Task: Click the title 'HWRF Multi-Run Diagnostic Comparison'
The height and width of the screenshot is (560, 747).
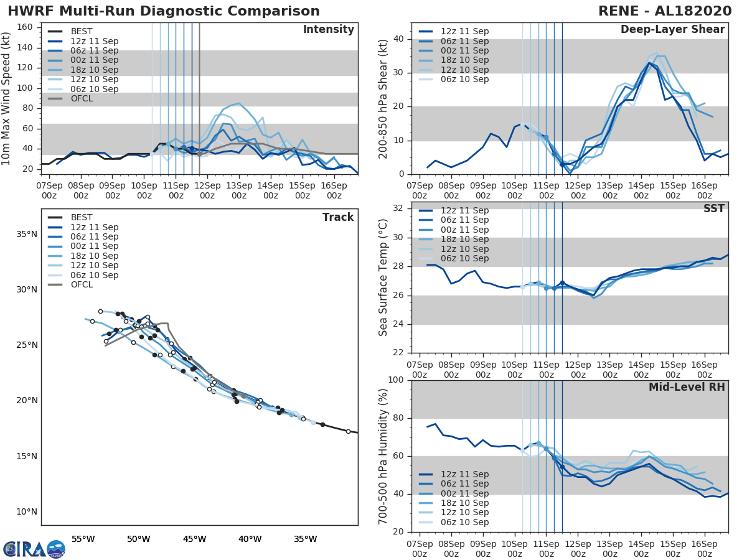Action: tap(164, 11)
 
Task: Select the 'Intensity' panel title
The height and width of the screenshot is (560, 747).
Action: tap(328, 30)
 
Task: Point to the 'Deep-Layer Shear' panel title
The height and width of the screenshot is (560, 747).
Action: tap(672, 30)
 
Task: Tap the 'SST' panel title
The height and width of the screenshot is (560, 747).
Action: tap(714, 208)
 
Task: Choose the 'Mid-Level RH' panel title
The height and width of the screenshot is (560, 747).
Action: tap(687, 387)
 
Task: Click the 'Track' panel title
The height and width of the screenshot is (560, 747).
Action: tap(337, 217)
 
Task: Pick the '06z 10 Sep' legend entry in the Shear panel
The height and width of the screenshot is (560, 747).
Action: tap(464, 79)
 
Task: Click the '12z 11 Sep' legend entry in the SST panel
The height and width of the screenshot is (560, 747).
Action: tap(464, 210)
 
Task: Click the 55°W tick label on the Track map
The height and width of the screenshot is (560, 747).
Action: tap(83, 538)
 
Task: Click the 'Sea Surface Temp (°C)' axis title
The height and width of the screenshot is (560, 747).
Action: tap(383, 278)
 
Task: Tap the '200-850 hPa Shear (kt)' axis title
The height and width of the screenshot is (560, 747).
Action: tap(383, 98)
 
